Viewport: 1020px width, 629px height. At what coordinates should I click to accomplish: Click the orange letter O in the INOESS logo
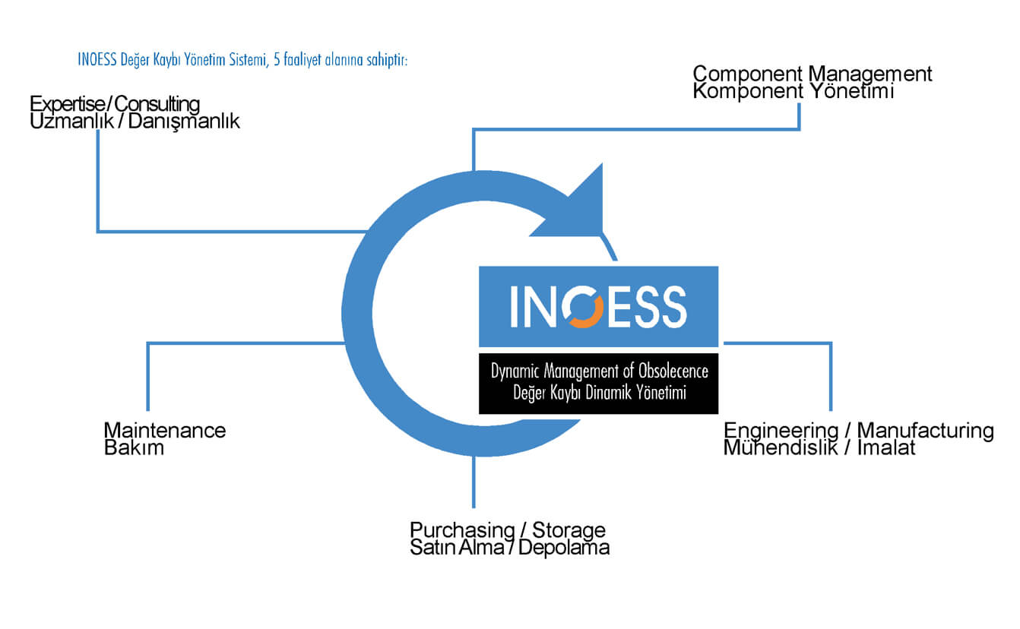click(x=582, y=306)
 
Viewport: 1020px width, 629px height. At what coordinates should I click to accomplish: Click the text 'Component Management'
click(x=812, y=74)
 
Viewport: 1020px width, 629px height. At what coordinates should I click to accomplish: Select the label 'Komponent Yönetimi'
click(x=794, y=91)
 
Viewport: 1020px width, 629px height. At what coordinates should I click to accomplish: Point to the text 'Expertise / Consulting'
click(x=115, y=104)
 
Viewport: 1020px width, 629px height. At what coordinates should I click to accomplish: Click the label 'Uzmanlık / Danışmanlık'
click(x=135, y=122)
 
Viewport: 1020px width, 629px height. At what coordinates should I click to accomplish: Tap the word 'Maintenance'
click(x=165, y=430)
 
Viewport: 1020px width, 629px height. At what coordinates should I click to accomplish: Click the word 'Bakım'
click(x=134, y=448)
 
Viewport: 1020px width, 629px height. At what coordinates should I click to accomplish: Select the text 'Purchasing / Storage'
click(x=508, y=530)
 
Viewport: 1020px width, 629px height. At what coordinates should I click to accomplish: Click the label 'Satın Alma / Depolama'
click(x=509, y=547)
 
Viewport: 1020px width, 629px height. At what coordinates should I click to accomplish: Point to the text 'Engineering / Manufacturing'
click(x=858, y=431)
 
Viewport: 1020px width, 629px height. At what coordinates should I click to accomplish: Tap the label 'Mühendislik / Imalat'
click(x=819, y=447)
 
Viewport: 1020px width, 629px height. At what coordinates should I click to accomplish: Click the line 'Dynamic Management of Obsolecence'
click(x=599, y=371)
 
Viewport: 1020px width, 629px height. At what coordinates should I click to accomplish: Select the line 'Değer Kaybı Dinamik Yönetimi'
click(x=599, y=392)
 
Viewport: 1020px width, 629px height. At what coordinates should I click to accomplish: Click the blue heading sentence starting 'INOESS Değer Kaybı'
click(x=242, y=60)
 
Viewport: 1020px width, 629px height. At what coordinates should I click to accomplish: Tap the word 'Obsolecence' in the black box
click(x=673, y=371)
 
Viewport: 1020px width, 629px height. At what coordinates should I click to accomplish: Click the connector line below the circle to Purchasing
click(x=474, y=482)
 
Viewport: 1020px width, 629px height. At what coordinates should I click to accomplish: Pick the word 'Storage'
click(x=569, y=530)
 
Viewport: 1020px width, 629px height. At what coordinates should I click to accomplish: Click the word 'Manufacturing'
click(x=925, y=431)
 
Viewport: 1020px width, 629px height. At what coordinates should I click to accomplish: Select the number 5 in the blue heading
click(x=277, y=60)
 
